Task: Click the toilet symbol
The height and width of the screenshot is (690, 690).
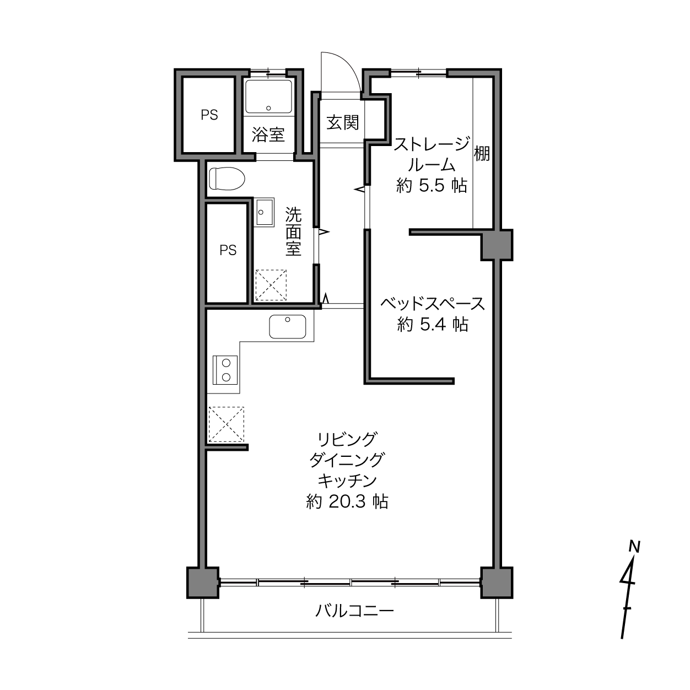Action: [227, 178]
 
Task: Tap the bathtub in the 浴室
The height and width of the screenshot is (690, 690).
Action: [268, 96]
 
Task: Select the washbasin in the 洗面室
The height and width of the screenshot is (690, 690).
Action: [264, 212]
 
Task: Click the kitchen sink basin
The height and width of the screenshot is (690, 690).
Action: [288, 327]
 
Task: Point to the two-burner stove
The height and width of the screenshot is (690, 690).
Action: [225, 370]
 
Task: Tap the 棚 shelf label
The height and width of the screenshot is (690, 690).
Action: [482, 154]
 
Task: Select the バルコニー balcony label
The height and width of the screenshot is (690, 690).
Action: [354, 611]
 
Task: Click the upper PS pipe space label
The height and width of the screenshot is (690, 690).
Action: [209, 115]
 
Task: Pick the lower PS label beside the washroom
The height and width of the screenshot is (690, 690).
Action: [228, 250]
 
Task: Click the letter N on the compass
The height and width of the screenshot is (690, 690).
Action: [634, 547]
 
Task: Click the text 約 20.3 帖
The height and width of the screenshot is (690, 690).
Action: [347, 502]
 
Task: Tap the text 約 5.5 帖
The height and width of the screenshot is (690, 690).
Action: [432, 186]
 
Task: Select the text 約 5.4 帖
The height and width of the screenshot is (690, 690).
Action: [433, 325]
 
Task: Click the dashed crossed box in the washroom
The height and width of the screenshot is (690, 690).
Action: [271, 285]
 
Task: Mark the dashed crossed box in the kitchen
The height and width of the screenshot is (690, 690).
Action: [227, 424]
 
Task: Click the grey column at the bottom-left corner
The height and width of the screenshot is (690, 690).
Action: [203, 583]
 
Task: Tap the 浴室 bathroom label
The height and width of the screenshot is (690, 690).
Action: [268, 134]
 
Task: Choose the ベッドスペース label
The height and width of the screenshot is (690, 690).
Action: [433, 304]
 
